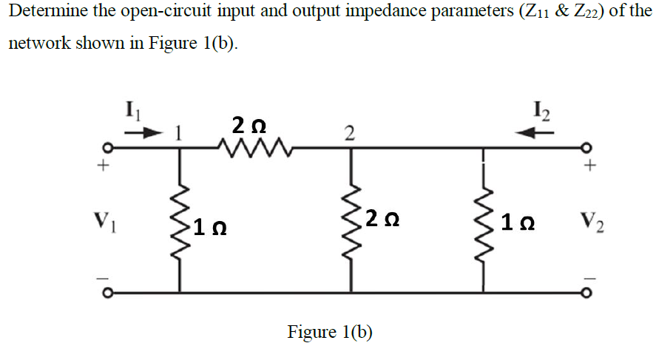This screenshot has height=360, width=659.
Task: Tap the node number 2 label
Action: [x=349, y=133]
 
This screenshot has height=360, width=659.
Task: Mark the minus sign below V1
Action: [x=104, y=274]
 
